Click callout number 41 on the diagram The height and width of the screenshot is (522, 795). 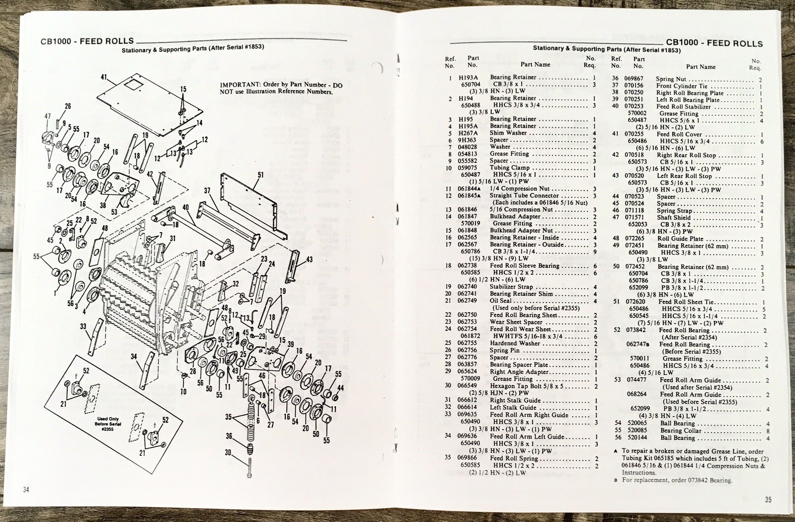(x=104, y=78)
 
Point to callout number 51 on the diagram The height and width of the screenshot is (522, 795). (x=260, y=175)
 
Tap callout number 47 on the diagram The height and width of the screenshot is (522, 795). (x=48, y=116)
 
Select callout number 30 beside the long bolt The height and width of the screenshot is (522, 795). (x=228, y=452)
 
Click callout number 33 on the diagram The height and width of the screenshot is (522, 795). (x=83, y=327)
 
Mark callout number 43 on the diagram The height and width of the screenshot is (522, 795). (x=309, y=260)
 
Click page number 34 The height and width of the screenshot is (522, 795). (x=26, y=490)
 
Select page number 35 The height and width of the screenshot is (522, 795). (x=768, y=499)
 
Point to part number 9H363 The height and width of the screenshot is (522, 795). (x=467, y=140)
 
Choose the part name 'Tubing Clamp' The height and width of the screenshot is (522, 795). (x=510, y=168)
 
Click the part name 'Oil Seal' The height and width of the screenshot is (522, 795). (x=500, y=300)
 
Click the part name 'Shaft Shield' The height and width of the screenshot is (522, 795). (x=674, y=217)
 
